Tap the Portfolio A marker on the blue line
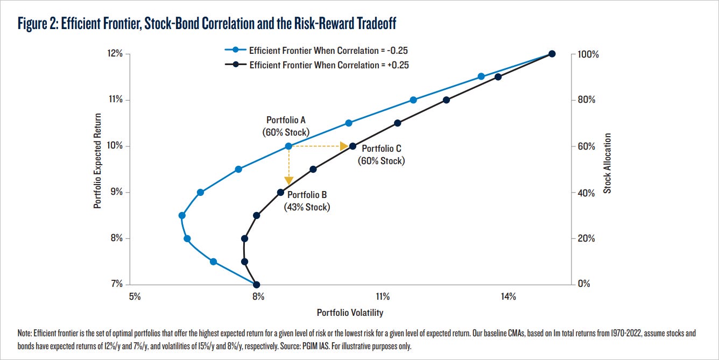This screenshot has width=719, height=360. pos(288,146)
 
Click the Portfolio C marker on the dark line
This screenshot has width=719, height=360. pos(353,146)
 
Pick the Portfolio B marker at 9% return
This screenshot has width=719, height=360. pos(280,192)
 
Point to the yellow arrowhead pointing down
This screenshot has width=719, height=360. pos(288,180)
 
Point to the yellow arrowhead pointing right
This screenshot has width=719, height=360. pos(344,146)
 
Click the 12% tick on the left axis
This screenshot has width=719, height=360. pos(115,54)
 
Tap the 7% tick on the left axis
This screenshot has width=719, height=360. pos(117,284)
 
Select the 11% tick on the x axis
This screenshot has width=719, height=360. pos(383,297)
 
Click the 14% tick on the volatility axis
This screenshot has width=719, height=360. pos(509,297)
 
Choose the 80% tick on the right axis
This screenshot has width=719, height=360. pos(586,100)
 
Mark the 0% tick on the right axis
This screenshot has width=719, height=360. pos(584,284)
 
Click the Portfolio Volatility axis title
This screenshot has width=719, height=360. pos(350,313)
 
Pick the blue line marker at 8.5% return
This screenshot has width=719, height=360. pos(182,215)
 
